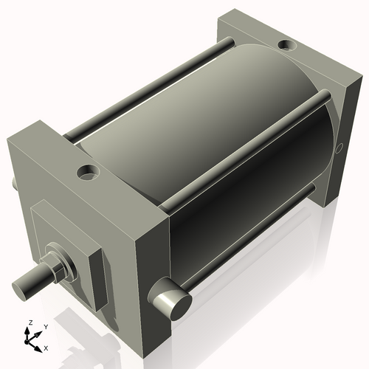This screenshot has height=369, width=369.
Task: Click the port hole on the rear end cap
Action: pyautogui.click(x=287, y=46)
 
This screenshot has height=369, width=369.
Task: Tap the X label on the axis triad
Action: pyautogui.click(x=46, y=346)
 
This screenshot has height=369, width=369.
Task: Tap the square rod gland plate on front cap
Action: pyautogui.click(x=74, y=251)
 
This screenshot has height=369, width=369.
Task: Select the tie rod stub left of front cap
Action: pyautogui.click(x=13, y=183)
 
